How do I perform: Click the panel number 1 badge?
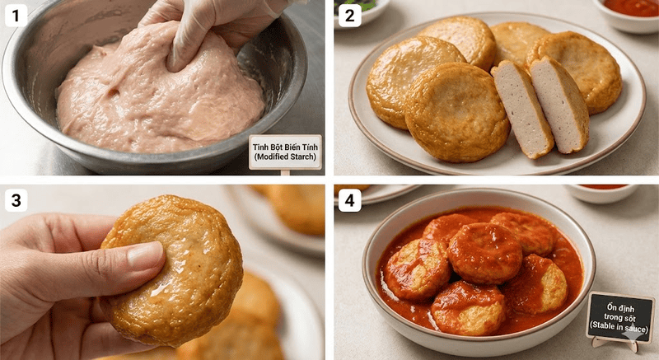(16, 16)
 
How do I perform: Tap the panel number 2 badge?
(349, 16)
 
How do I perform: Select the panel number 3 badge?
(16, 200)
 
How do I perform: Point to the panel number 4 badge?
(349, 200)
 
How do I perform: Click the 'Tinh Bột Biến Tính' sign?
(285, 152)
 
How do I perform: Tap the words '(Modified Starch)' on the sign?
(285, 157)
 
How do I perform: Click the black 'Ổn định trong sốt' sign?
(620, 316)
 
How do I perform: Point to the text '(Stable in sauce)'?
(620, 326)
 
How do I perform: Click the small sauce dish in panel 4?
(602, 193)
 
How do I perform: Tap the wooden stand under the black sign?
(616, 344)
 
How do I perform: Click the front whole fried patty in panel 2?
(456, 112)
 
